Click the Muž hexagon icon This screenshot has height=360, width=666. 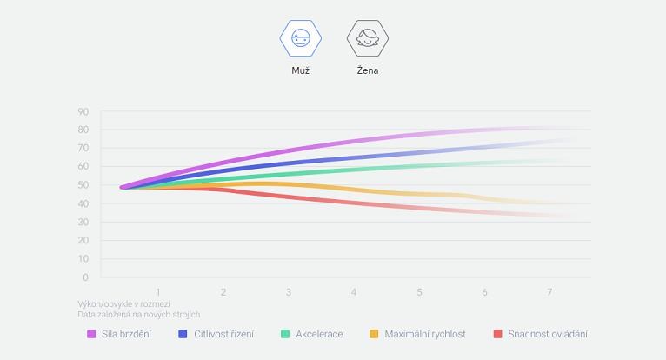pyautogui.click(x=300, y=38)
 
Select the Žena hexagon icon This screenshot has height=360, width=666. pyautogui.click(x=367, y=38)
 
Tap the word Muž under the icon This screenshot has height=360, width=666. pyautogui.click(x=300, y=70)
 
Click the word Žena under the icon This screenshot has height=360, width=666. pyautogui.click(x=367, y=70)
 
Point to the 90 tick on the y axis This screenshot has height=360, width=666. pyautogui.click(x=83, y=111)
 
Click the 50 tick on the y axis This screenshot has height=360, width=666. pyautogui.click(x=83, y=185)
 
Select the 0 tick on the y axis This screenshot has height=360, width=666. pyautogui.click(x=85, y=277)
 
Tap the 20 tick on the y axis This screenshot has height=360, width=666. pyautogui.click(x=83, y=241)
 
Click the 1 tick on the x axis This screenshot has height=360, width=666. pyautogui.click(x=158, y=291)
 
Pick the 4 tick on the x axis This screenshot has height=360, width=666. pyautogui.click(x=354, y=291)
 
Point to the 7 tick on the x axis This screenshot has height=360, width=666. pyautogui.click(x=549, y=291)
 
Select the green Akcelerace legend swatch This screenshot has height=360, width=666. pyautogui.click(x=285, y=334)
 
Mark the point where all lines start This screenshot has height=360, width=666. pyautogui.click(x=124, y=187)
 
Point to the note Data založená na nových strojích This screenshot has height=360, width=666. pyautogui.click(x=138, y=315)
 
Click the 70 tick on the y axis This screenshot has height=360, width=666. pyautogui.click(x=83, y=149)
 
